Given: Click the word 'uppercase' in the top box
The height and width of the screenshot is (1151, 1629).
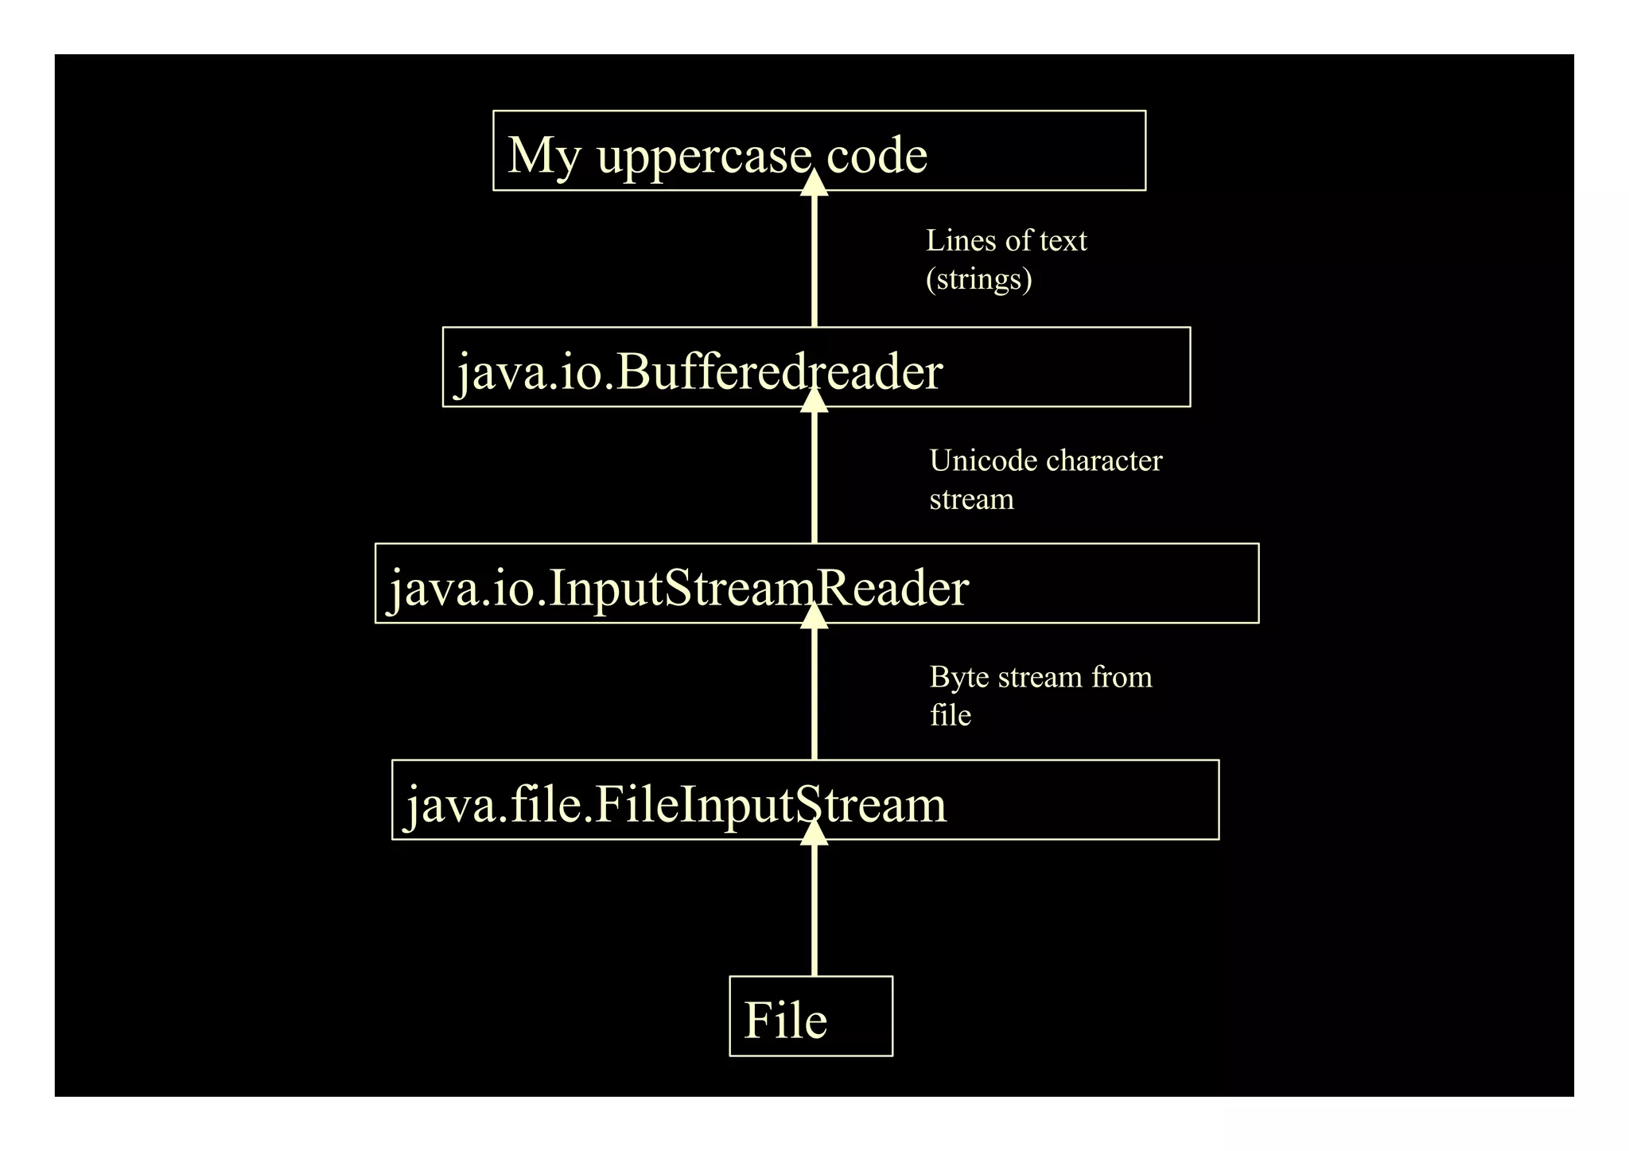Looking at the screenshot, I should point(704,155).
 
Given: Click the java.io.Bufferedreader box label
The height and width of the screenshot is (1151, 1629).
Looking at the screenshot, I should point(699,371).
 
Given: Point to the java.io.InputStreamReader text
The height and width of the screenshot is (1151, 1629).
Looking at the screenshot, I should point(678,588).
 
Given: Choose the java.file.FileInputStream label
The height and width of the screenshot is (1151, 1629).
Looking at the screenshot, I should point(676,804).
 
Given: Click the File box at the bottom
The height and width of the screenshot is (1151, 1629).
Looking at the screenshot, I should point(811,1017).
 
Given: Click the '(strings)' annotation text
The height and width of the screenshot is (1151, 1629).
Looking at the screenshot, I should point(978,279).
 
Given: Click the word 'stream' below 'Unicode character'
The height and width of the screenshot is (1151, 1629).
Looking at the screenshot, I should point(971,500).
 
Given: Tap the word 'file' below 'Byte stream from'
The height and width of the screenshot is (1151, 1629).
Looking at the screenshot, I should point(951,715).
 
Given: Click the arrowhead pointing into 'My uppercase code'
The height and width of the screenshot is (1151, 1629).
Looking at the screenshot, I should point(814,183).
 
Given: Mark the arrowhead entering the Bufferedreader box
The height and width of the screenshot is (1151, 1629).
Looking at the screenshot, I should point(814,400).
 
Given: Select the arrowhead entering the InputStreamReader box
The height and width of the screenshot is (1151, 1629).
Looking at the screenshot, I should point(814,616).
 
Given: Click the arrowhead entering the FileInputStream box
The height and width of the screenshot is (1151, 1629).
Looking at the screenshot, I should point(814,832).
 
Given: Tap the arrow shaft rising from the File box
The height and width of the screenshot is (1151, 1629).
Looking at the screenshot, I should point(814,915).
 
